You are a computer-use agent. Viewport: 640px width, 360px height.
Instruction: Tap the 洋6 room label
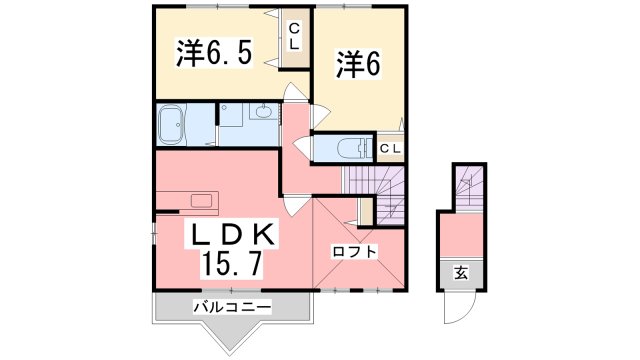pos(357,65)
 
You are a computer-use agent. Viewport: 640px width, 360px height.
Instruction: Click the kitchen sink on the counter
pos(201,200)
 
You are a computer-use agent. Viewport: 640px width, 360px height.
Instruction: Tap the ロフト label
pos(357,251)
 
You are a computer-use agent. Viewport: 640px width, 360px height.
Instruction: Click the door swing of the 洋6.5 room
pos(296,95)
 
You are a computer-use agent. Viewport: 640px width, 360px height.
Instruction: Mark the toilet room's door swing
pos(301,144)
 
